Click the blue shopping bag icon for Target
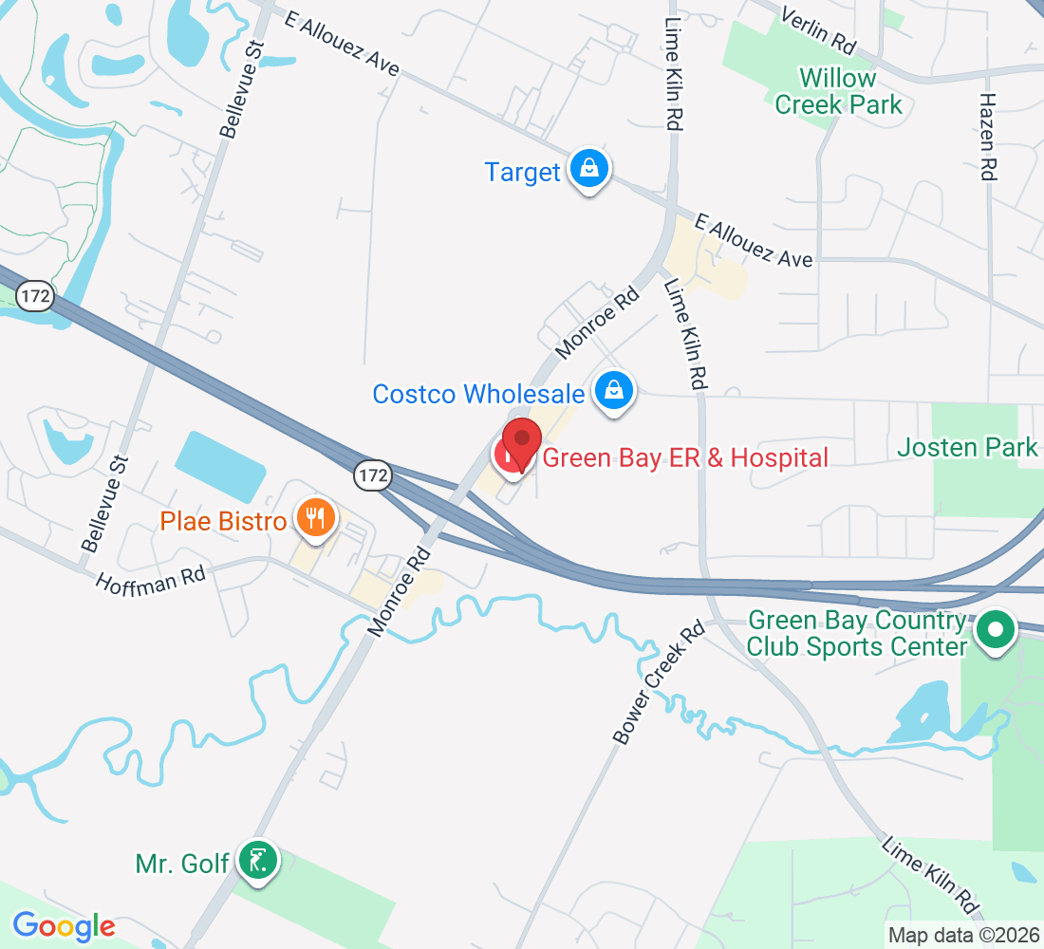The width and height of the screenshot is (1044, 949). click(x=589, y=169)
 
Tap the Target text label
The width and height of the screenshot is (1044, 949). click(x=522, y=172)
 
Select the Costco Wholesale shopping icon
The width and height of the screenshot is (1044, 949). click(x=615, y=389)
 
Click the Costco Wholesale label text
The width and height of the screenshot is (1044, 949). click(x=478, y=394)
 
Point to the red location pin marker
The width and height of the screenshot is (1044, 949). click(x=521, y=442)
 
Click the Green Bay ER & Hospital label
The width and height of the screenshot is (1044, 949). click(x=685, y=458)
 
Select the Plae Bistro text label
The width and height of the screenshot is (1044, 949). click(x=223, y=521)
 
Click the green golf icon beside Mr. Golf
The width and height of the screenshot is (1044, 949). click(x=256, y=861)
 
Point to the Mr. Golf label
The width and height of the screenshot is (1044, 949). click(x=182, y=864)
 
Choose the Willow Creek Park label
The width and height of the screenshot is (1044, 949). click(x=838, y=91)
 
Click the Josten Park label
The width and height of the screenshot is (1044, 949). click(x=968, y=446)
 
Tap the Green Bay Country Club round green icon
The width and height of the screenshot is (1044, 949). click(x=995, y=629)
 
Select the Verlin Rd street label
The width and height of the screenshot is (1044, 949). click(x=817, y=28)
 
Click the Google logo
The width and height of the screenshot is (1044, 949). click(x=64, y=925)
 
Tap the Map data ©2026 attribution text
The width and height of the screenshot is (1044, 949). click(x=963, y=935)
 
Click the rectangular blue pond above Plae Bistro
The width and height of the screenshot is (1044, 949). click(x=221, y=466)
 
